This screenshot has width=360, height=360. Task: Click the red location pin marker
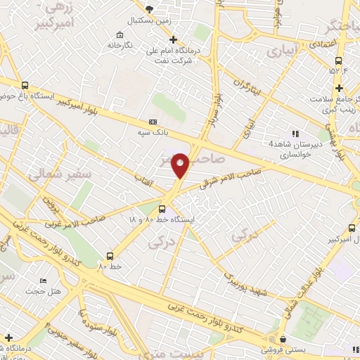pyautogui.click(x=181, y=165)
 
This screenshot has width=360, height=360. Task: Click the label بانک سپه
pyautogui.click(x=152, y=131)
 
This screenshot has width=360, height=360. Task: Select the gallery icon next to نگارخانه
pyautogui.click(x=121, y=35)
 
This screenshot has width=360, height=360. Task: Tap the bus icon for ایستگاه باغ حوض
pyautogui.click(x=25, y=84)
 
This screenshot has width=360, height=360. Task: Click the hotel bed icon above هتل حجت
pyautogui.click(x=44, y=281)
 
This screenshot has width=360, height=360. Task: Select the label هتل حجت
pyautogui.click(x=34, y=291)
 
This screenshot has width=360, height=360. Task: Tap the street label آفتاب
pyautogui.click(x=144, y=179)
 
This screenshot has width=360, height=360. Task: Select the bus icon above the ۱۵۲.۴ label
pyautogui.click(x=338, y=60)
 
